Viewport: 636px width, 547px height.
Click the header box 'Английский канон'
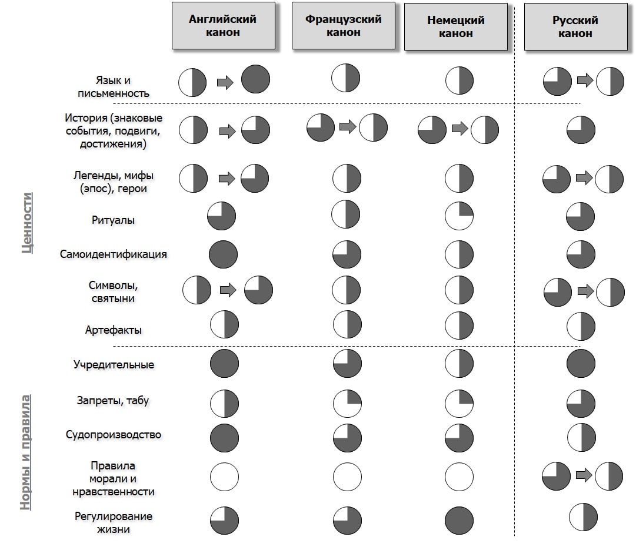224,25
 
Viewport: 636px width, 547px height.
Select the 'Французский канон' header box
344,25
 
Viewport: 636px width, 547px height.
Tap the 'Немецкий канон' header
456,27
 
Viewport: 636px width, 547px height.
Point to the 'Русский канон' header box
576,27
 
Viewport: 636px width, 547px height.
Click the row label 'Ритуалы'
113,220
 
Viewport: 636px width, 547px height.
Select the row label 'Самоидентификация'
114,254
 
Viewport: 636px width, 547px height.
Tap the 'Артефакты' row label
114,330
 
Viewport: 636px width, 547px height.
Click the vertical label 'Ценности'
27,223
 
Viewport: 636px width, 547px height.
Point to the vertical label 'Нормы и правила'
25,452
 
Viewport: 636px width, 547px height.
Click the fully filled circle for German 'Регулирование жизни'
459,520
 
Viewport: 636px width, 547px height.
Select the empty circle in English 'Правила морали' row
224,477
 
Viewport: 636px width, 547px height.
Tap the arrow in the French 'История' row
348,127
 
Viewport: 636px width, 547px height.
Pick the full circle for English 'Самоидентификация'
223,254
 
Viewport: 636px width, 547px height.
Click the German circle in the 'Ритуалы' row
459,216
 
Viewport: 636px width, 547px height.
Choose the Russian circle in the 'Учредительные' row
581,364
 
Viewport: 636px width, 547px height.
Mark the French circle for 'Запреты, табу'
347,404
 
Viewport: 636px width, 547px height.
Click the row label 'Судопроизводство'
114,435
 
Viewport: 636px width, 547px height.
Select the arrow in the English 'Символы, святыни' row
228,290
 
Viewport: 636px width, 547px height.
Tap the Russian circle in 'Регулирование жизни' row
583,517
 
